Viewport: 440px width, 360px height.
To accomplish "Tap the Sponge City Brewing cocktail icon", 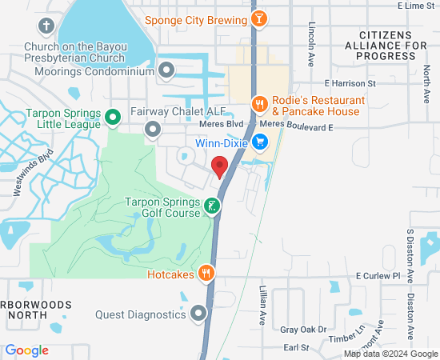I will point(259,18).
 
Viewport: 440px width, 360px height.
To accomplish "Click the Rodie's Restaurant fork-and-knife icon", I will point(259,103).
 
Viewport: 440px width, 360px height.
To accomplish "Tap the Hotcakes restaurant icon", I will point(207,274).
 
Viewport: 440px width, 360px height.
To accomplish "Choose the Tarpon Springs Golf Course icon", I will point(211,206).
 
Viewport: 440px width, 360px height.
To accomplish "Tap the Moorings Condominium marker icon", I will point(166,71).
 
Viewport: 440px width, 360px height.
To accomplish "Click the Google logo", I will point(26,350).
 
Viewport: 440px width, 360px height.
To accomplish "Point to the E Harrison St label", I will point(350,83).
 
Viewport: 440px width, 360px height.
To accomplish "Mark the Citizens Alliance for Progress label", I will point(393,46).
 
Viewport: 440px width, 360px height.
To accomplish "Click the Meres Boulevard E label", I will point(296,126).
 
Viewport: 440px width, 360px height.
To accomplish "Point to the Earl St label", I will point(296,347).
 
